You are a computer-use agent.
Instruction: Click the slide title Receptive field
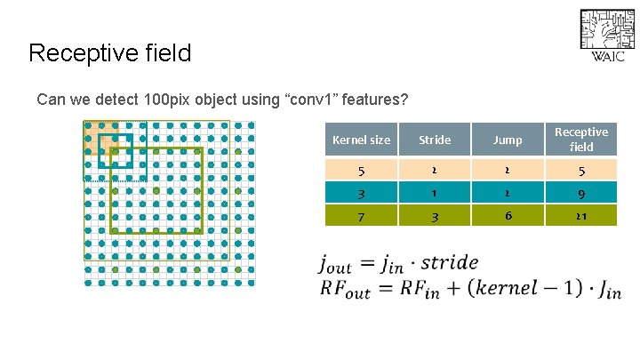click(x=109, y=53)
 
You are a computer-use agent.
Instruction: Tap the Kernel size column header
click(x=361, y=140)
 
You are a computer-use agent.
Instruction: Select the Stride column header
click(x=435, y=140)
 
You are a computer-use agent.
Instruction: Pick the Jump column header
click(x=508, y=140)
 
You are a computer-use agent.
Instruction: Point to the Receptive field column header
click(x=581, y=140)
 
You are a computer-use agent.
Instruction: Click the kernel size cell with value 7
click(x=361, y=215)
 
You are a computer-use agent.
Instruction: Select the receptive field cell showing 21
click(x=581, y=215)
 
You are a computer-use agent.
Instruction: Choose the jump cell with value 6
click(x=508, y=215)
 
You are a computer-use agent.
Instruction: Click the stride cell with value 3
click(x=435, y=215)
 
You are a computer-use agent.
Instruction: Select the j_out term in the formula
click(x=335, y=264)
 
